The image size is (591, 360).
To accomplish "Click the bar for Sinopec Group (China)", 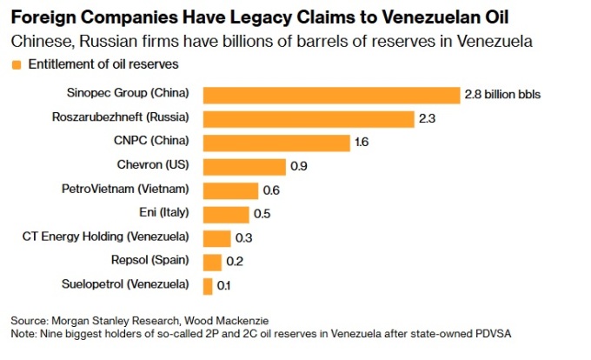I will [330, 95].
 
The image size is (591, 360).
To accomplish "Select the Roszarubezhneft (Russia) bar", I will [308, 118].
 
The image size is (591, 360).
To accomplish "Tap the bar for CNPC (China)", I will [276, 142].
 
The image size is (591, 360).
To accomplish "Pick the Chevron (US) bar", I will [243, 166].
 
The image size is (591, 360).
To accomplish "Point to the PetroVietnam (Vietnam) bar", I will [230, 190].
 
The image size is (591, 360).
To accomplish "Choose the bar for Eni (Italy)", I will [225, 213].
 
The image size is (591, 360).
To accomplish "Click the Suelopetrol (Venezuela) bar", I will [207, 284].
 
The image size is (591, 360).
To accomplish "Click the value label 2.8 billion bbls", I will [503, 95].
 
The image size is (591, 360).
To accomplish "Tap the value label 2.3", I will [427, 118].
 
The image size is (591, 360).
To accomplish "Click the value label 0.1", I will [224, 284].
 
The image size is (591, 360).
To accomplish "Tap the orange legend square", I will [16, 65].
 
